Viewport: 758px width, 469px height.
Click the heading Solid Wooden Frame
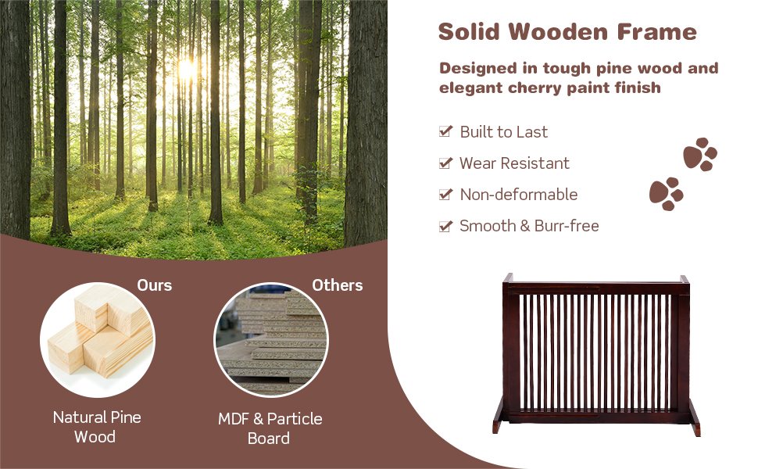pyautogui.click(x=567, y=33)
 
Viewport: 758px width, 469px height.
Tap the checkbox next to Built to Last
pyautogui.click(x=445, y=132)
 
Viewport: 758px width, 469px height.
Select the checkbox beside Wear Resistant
pyautogui.click(x=445, y=163)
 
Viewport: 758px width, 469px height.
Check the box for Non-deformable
pyautogui.click(x=445, y=195)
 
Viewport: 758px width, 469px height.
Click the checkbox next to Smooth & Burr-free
pyautogui.click(x=445, y=226)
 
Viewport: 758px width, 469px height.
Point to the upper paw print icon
pyautogui.click(x=700, y=155)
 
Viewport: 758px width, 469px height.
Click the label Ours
pyautogui.click(x=154, y=285)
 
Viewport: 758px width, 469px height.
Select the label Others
pyautogui.click(x=338, y=285)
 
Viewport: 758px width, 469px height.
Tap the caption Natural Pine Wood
pyautogui.click(x=97, y=427)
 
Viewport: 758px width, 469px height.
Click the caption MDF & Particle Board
pyautogui.click(x=270, y=428)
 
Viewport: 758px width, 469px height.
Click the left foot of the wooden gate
pyautogui.click(x=498, y=427)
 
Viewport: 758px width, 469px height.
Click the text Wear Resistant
pyautogui.click(x=514, y=163)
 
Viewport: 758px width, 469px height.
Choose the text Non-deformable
pyautogui.click(x=518, y=195)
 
